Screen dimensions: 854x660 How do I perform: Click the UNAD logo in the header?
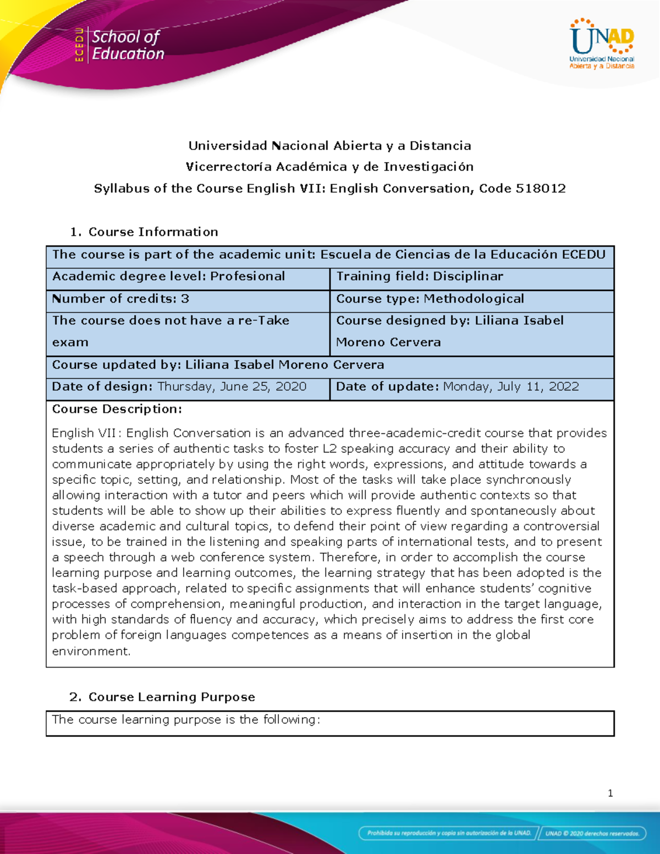(x=602, y=43)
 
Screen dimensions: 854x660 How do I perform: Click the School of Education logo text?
(x=128, y=45)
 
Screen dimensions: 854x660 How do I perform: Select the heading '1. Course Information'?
(x=144, y=232)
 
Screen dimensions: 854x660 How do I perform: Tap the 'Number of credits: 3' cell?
(x=120, y=299)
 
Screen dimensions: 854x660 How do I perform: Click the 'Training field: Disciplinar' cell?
(x=420, y=276)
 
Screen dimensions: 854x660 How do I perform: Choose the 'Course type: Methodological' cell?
(x=430, y=299)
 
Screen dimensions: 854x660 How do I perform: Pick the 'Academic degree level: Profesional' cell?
(x=168, y=276)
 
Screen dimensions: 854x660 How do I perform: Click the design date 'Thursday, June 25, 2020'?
(x=232, y=387)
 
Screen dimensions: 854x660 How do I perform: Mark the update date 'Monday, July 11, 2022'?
(x=511, y=387)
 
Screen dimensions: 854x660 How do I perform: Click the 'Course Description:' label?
(x=117, y=409)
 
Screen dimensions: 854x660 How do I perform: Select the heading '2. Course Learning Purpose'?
(x=162, y=697)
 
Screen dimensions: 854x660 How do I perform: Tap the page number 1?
(x=610, y=793)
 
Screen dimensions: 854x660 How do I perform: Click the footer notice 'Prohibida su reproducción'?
(x=449, y=833)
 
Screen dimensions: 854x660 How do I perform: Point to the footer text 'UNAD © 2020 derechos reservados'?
(x=592, y=833)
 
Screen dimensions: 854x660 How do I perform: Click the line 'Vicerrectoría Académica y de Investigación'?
(x=329, y=167)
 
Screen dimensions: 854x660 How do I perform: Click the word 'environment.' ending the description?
(x=91, y=651)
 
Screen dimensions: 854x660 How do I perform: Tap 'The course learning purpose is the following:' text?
(x=186, y=719)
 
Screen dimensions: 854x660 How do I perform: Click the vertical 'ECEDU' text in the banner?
(x=79, y=45)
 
